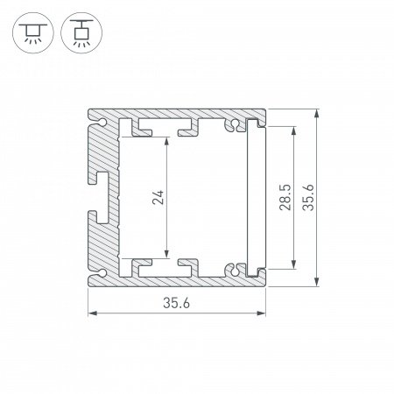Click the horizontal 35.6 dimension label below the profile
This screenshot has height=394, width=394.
(x=176, y=303)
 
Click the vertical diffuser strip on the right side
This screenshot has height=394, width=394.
(x=257, y=197)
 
